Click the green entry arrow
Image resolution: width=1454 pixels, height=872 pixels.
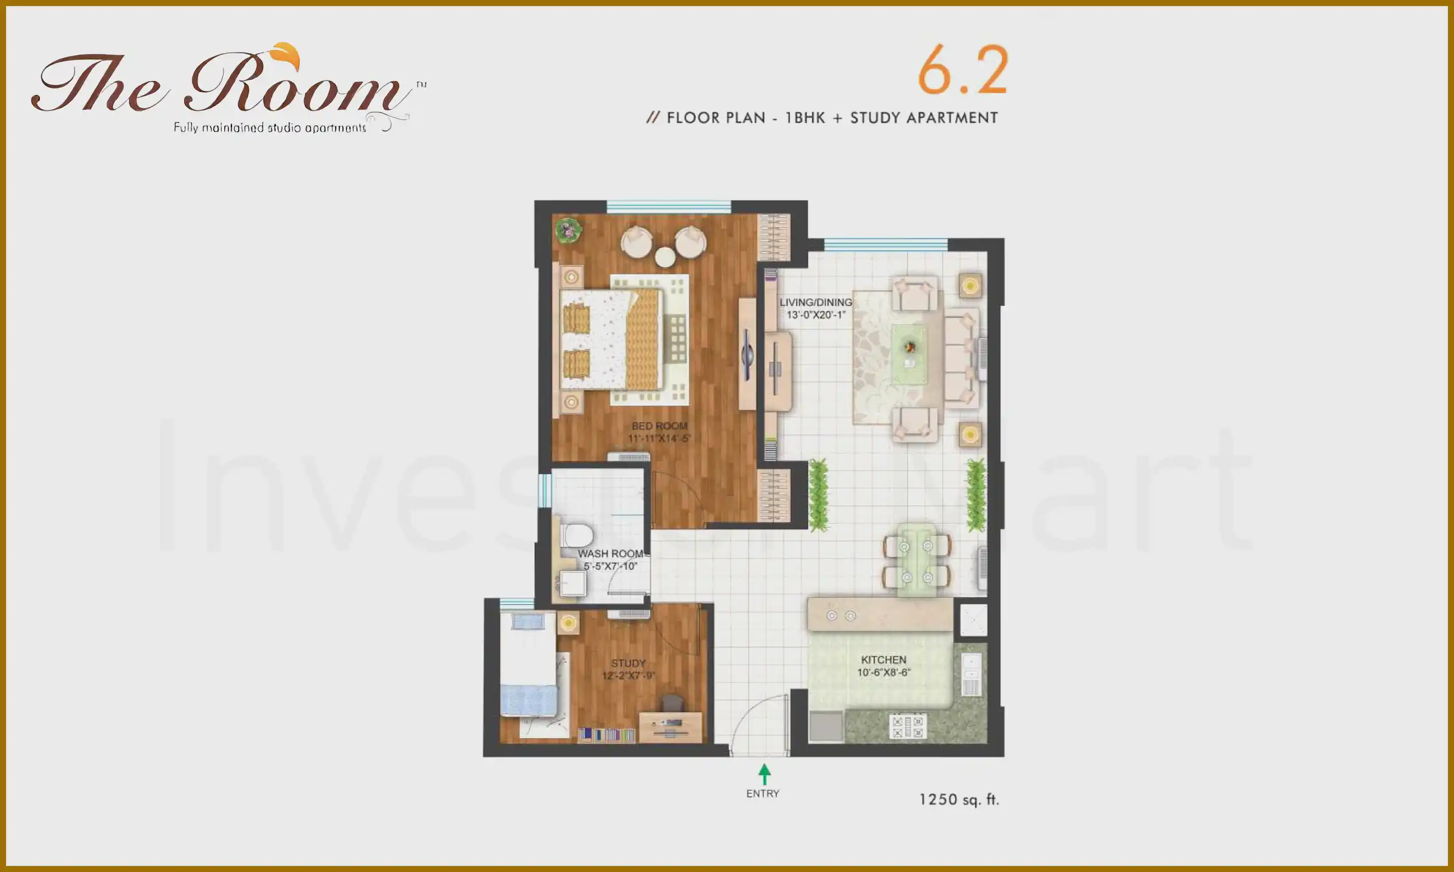765,774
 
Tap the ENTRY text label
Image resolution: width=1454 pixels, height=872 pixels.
763,793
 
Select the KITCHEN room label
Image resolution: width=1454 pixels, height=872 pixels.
884,659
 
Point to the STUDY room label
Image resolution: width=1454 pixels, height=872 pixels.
628,663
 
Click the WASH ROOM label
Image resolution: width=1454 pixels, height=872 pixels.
610,553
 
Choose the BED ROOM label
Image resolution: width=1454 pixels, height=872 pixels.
659,426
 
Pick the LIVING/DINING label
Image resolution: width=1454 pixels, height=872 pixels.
815,302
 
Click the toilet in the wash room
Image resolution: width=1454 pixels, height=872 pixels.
577,535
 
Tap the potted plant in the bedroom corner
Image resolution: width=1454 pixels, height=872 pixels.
568,230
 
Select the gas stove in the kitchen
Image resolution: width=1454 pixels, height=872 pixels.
907,727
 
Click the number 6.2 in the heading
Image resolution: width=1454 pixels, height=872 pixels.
962,71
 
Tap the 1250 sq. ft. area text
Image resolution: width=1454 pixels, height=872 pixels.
959,799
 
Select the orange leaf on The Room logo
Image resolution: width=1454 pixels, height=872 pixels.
286,55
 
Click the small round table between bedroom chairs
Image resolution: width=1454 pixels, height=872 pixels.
665,257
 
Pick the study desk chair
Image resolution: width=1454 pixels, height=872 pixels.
672,703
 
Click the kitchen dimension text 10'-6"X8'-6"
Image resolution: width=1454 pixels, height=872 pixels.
884,672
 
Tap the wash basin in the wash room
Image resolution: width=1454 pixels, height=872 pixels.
572,584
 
